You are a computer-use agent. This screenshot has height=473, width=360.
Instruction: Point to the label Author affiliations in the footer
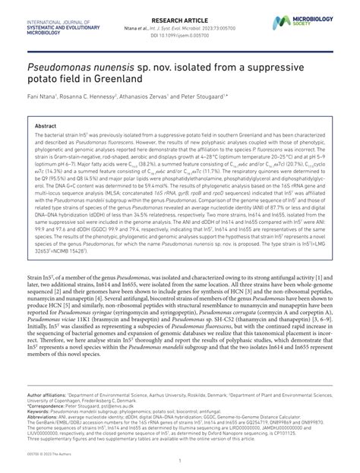click(46, 396)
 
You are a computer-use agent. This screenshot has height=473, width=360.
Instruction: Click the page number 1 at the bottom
click(179, 459)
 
